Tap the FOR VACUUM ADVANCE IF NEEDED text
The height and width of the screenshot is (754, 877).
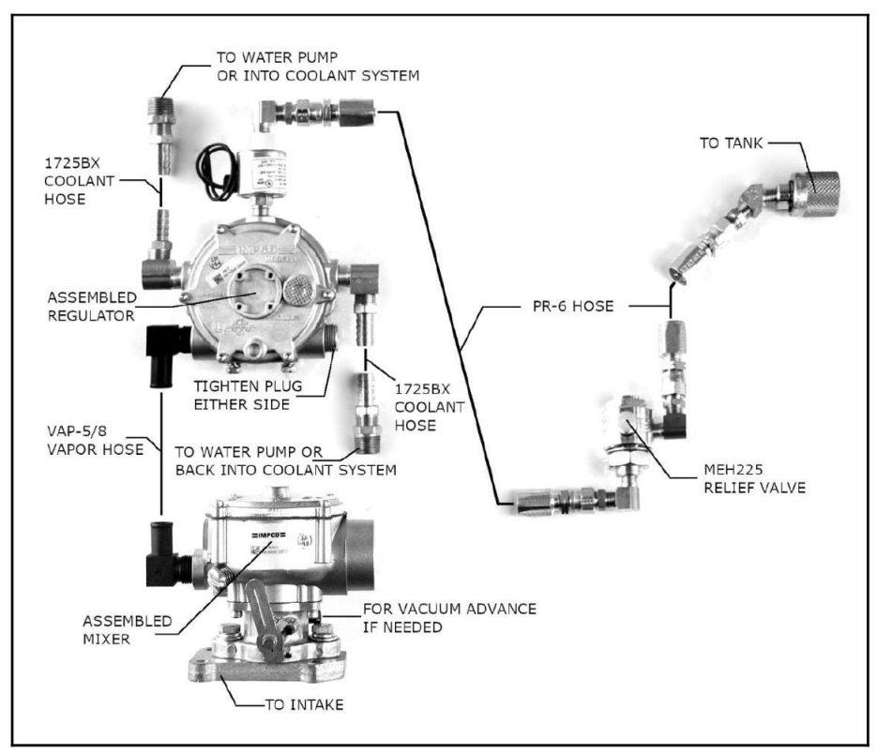pos(448,617)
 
